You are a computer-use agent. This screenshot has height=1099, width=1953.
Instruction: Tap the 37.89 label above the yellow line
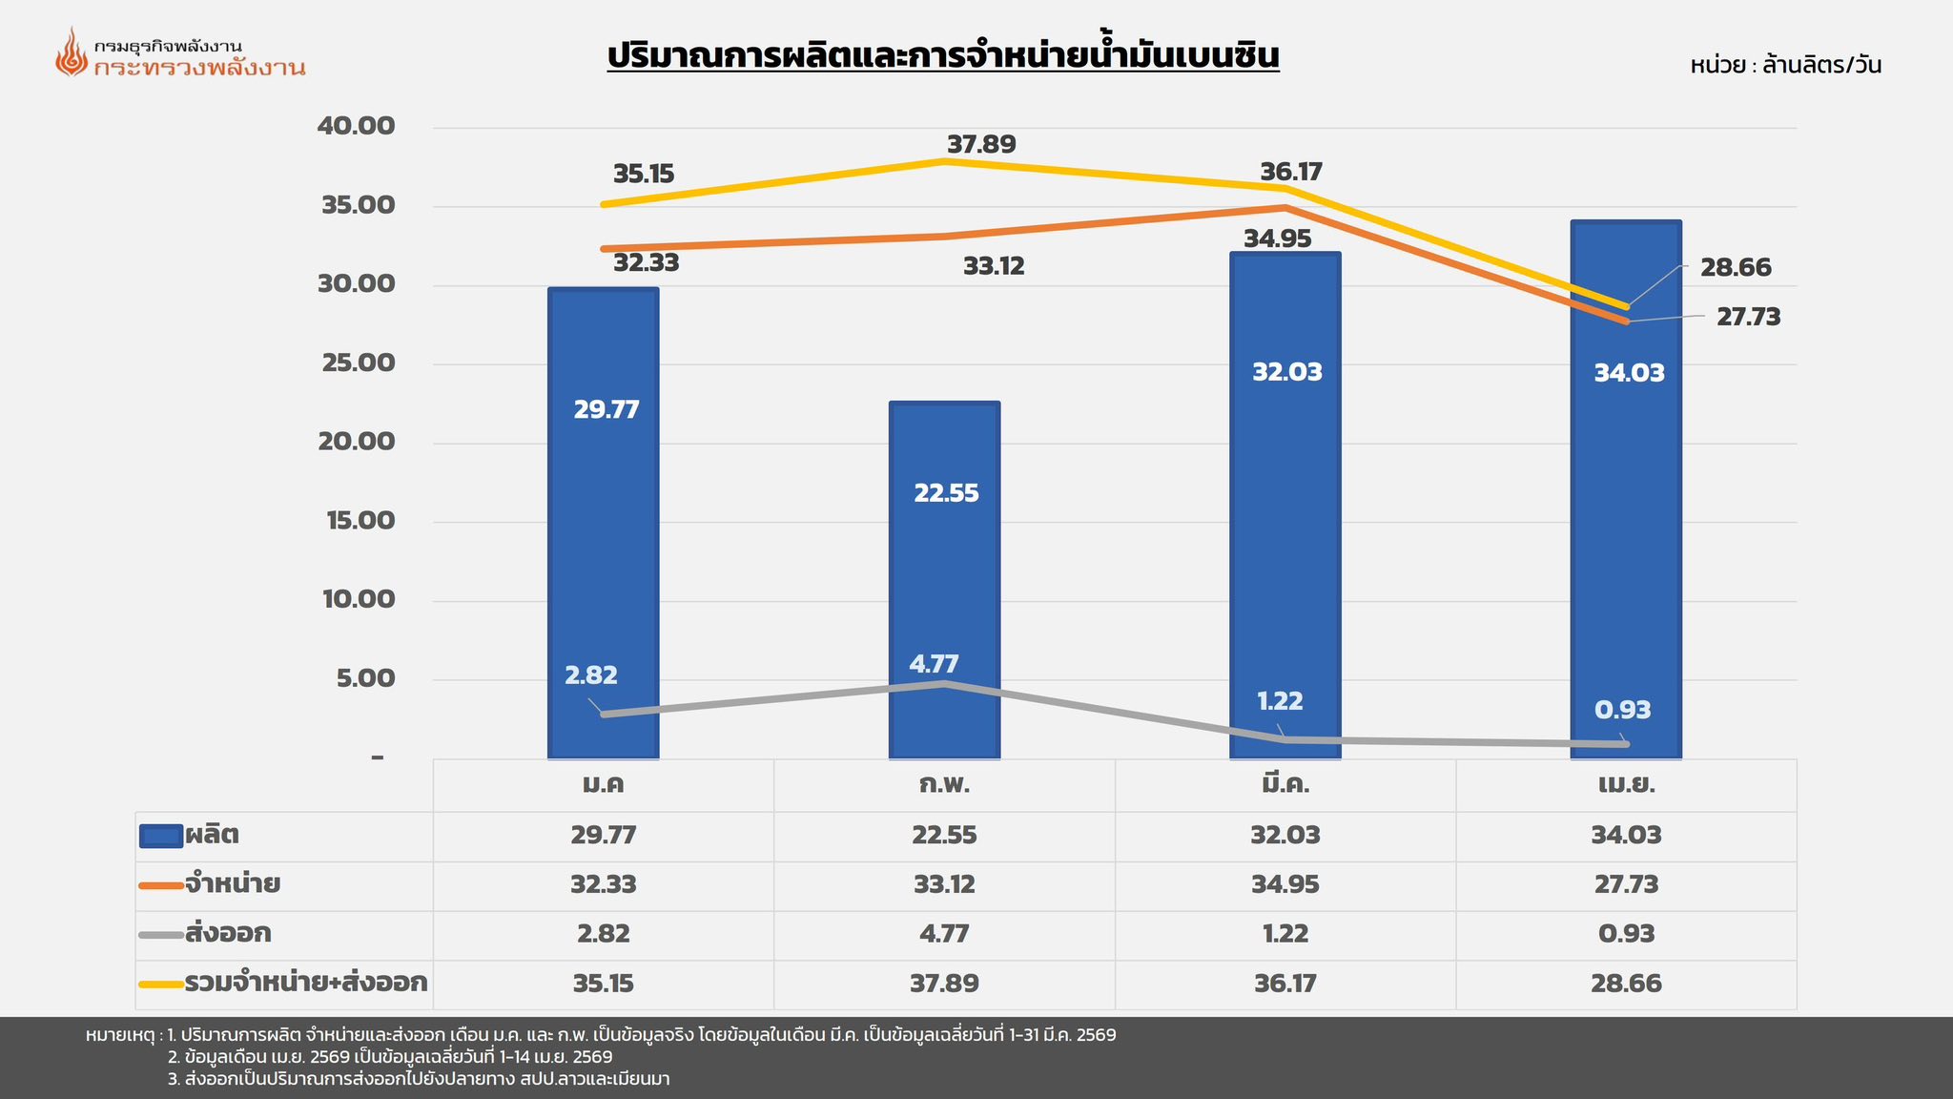[x=981, y=145]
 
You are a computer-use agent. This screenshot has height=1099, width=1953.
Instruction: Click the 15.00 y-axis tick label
[x=357, y=521]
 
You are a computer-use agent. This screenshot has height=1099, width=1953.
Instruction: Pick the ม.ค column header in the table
[x=604, y=785]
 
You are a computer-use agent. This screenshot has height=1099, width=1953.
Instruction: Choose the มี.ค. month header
[x=1285, y=785]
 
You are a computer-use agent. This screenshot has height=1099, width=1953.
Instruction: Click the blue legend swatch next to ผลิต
[x=160, y=837]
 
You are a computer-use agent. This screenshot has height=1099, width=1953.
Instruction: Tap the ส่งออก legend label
[x=228, y=933]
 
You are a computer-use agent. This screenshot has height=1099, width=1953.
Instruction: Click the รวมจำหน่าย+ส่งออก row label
[x=305, y=983]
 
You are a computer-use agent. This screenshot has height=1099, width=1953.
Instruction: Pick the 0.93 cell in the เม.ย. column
[x=1626, y=933]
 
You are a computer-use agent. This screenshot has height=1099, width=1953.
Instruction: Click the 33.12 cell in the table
[x=944, y=884]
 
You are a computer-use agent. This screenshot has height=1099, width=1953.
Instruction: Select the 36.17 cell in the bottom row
[x=1285, y=984]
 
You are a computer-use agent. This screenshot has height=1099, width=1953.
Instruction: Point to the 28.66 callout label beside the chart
[x=1736, y=268]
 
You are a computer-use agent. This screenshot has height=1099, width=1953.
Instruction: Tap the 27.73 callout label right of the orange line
[x=1748, y=318]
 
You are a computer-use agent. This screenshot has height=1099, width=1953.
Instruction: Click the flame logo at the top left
[x=71, y=52]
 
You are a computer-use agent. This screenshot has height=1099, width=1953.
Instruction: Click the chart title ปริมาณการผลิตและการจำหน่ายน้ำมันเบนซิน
[x=943, y=55]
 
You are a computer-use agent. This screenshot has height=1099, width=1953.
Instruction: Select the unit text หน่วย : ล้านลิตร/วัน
[x=1785, y=66]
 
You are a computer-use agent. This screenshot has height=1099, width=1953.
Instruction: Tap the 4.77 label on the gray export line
[x=934, y=664]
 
